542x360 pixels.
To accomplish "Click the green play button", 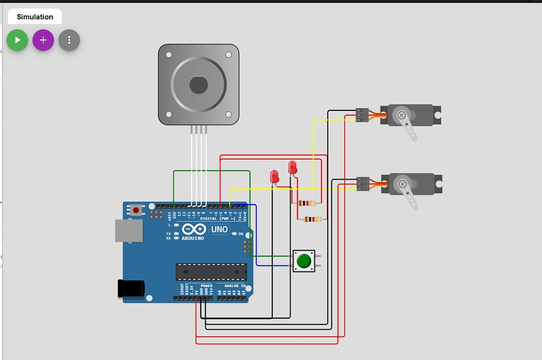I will point(17,40).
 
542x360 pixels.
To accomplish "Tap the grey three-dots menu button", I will point(69,40).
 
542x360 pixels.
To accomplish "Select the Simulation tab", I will point(35,17).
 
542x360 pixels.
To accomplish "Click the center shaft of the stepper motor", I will point(198,85).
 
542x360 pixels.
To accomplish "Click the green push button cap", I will point(304,261).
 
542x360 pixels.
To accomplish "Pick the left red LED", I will point(274,177).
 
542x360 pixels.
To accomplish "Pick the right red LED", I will point(292,167).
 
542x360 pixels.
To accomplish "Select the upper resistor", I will point(307,203).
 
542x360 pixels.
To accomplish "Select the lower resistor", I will point(313,219).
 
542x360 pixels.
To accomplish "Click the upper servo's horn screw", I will point(402,115).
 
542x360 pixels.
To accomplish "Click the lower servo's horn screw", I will point(402,184).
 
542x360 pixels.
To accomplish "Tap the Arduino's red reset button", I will point(136,210).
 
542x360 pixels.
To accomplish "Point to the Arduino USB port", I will point(128,231).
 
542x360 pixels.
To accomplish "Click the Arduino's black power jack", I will point(131,289).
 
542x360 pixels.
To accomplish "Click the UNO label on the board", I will point(219,229).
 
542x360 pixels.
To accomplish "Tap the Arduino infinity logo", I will point(194,229).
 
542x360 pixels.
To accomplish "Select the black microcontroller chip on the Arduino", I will point(211,272).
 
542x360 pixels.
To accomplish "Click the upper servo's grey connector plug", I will point(362,115).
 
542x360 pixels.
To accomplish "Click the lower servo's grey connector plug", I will point(362,184).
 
